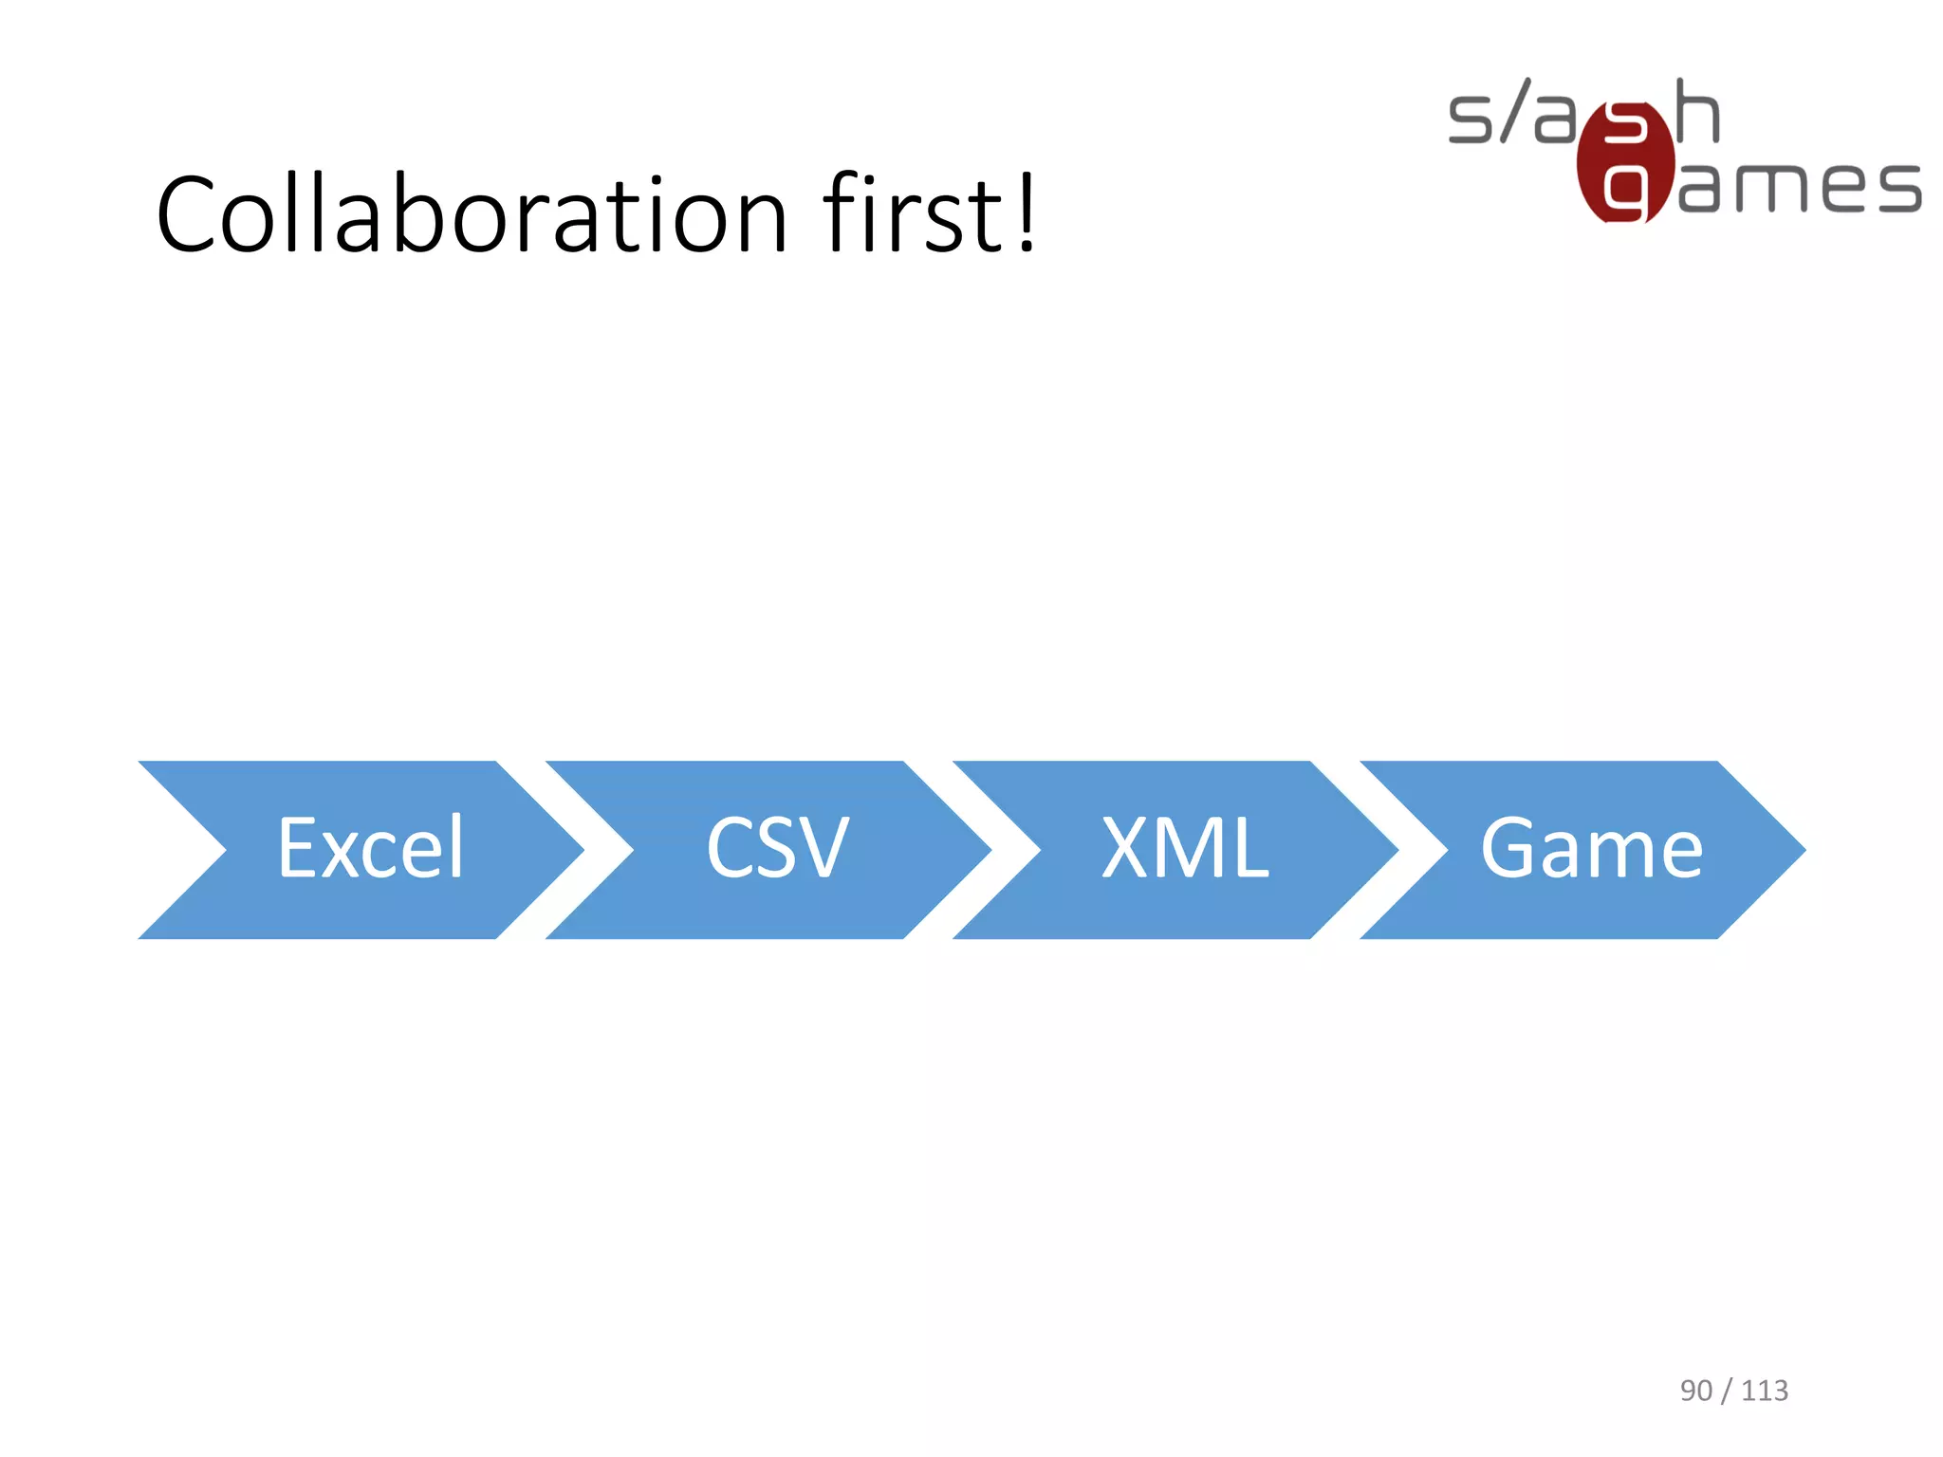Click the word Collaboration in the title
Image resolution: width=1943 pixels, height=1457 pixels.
pyautogui.click(x=472, y=215)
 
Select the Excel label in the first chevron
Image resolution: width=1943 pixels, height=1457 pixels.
pyautogui.click(x=371, y=848)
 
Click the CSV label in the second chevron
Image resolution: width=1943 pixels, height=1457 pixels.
pyautogui.click(x=777, y=848)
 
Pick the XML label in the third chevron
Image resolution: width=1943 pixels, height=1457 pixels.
pyautogui.click(x=1185, y=848)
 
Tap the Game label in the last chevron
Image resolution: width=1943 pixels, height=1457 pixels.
pyautogui.click(x=1591, y=848)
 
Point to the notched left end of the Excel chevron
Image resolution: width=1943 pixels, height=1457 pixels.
pyautogui.click(x=190, y=850)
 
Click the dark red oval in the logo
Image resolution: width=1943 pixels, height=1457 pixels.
pyautogui.click(x=1624, y=161)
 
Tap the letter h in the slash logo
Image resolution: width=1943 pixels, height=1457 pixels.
pyautogui.click(x=1697, y=112)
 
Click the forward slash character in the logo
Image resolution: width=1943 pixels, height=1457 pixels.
pyautogui.click(x=1515, y=111)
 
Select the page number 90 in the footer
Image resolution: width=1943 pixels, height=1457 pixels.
pyautogui.click(x=1696, y=1391)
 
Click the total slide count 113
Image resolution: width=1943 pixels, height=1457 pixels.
pyautogui.click(x=1765, y=1391)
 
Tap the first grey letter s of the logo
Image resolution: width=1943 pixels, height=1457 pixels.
pyautogui.click(x=1469, y=119)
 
